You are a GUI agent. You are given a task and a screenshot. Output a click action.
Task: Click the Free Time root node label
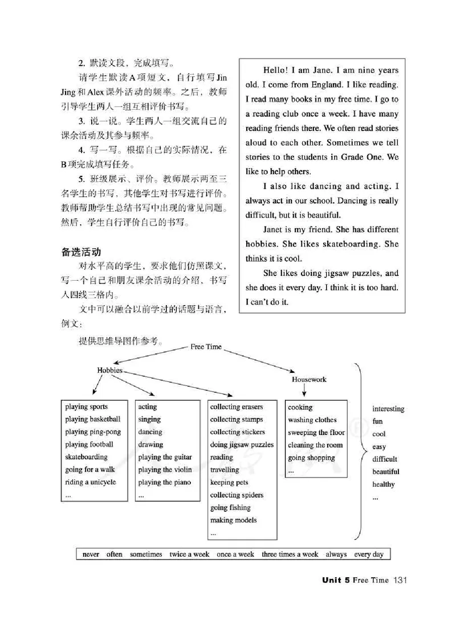coord(206,347)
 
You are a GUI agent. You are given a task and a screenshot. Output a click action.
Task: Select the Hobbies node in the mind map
coord(110,369)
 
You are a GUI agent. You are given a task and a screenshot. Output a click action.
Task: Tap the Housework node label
coord(309,379)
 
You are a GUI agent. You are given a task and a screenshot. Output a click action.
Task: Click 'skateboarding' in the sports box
coord(86,457)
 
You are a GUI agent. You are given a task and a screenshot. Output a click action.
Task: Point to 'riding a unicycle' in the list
coord(90,482)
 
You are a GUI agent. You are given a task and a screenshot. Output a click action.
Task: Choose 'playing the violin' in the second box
coord(164,470)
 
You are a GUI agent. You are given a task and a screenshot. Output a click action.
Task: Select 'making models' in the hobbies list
coord(233,520)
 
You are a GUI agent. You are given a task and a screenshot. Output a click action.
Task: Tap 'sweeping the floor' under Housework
coord(316,433)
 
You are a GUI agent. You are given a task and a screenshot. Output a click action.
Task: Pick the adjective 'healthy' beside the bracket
coord(384,484)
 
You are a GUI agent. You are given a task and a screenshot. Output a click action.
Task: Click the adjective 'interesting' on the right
coord(388,409)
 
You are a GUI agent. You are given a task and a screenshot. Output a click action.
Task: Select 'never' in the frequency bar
coord(91,554)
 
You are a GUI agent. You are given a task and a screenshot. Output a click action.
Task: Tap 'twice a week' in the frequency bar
coord(189,554)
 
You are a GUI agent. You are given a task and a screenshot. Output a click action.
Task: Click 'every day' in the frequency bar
coord(369,554)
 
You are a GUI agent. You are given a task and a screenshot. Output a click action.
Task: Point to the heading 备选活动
coord(81,251)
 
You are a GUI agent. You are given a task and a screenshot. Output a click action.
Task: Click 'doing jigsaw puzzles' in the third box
coord(242,445)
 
